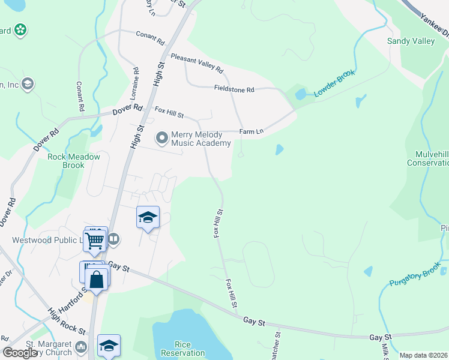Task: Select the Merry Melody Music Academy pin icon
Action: [x=161, y=139]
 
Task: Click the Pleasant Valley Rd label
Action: [x=196, y=62]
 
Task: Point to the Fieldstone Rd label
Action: [x=234, y=89]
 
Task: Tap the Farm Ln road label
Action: [x=251, y=131]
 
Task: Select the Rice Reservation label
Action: [x=182, y=349]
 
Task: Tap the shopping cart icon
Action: [x=95, y=240]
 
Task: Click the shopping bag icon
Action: [x=97, y=279]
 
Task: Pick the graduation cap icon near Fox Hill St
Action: [x=148, y=217]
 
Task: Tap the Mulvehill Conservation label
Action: [x=427, y=158]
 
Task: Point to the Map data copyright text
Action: [x=423, y=355]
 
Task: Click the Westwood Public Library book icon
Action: [x=114, y=240]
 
